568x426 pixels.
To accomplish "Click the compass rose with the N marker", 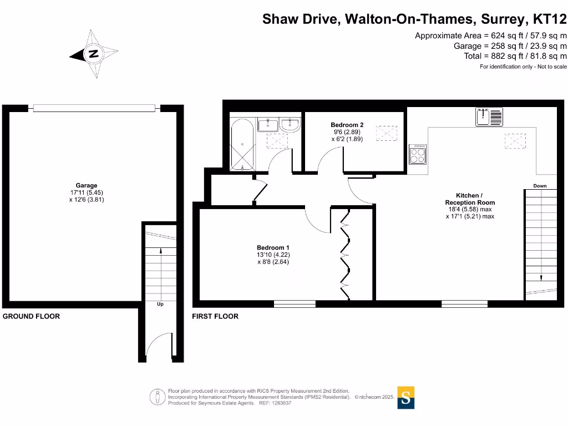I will pos(94,54).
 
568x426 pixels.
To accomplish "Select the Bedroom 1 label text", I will pos(272,247).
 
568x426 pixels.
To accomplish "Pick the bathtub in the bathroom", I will pos(242,144).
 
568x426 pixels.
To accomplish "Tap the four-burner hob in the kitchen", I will pos(417,154).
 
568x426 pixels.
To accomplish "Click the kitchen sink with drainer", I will pos(488,117).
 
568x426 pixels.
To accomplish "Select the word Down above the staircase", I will pos(540,186).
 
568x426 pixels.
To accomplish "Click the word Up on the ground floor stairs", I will pos(160,305).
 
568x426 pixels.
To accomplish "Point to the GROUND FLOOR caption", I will pos(32,316).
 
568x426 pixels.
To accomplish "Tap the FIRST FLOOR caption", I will pos(215,316).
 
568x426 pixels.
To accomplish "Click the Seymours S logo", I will pos(406,398).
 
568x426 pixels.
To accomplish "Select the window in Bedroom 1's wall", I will pos(295,303).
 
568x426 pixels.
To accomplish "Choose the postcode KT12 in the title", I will pos(550,19).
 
